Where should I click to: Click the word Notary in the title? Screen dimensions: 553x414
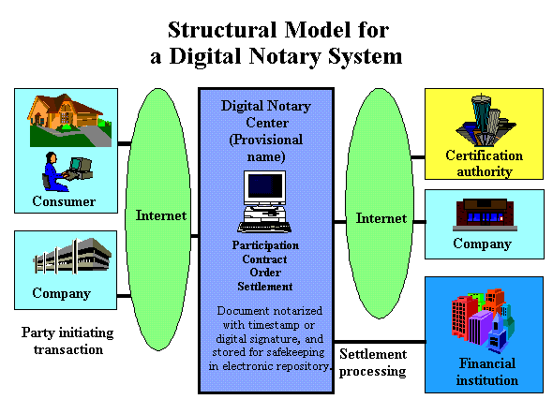point(285,56)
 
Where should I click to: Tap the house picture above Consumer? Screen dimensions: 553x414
point(70,120)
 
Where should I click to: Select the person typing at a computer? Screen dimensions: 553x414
point(67,171)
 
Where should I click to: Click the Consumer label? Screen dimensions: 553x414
point(64,201)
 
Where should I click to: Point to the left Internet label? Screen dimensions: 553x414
point(161,214)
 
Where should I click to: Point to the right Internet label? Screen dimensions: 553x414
point(381,217)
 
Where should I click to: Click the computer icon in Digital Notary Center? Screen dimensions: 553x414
point(264,201)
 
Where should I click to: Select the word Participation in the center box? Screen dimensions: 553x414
point(265,245)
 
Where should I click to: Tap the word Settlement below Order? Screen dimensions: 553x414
point(265,287)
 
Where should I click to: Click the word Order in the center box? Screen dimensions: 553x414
point(265,273)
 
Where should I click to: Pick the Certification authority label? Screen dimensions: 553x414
point(485,164)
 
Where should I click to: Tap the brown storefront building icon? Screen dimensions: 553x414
point(485,214)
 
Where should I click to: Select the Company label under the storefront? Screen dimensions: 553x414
point(482,244)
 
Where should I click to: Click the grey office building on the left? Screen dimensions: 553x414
point(73,256)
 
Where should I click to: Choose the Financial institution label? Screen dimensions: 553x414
point(487,372)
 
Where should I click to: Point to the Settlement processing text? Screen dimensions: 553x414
point(373,362)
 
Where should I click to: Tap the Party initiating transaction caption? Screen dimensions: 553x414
point(67,341)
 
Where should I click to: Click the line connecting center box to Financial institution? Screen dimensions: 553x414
point(380,342)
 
